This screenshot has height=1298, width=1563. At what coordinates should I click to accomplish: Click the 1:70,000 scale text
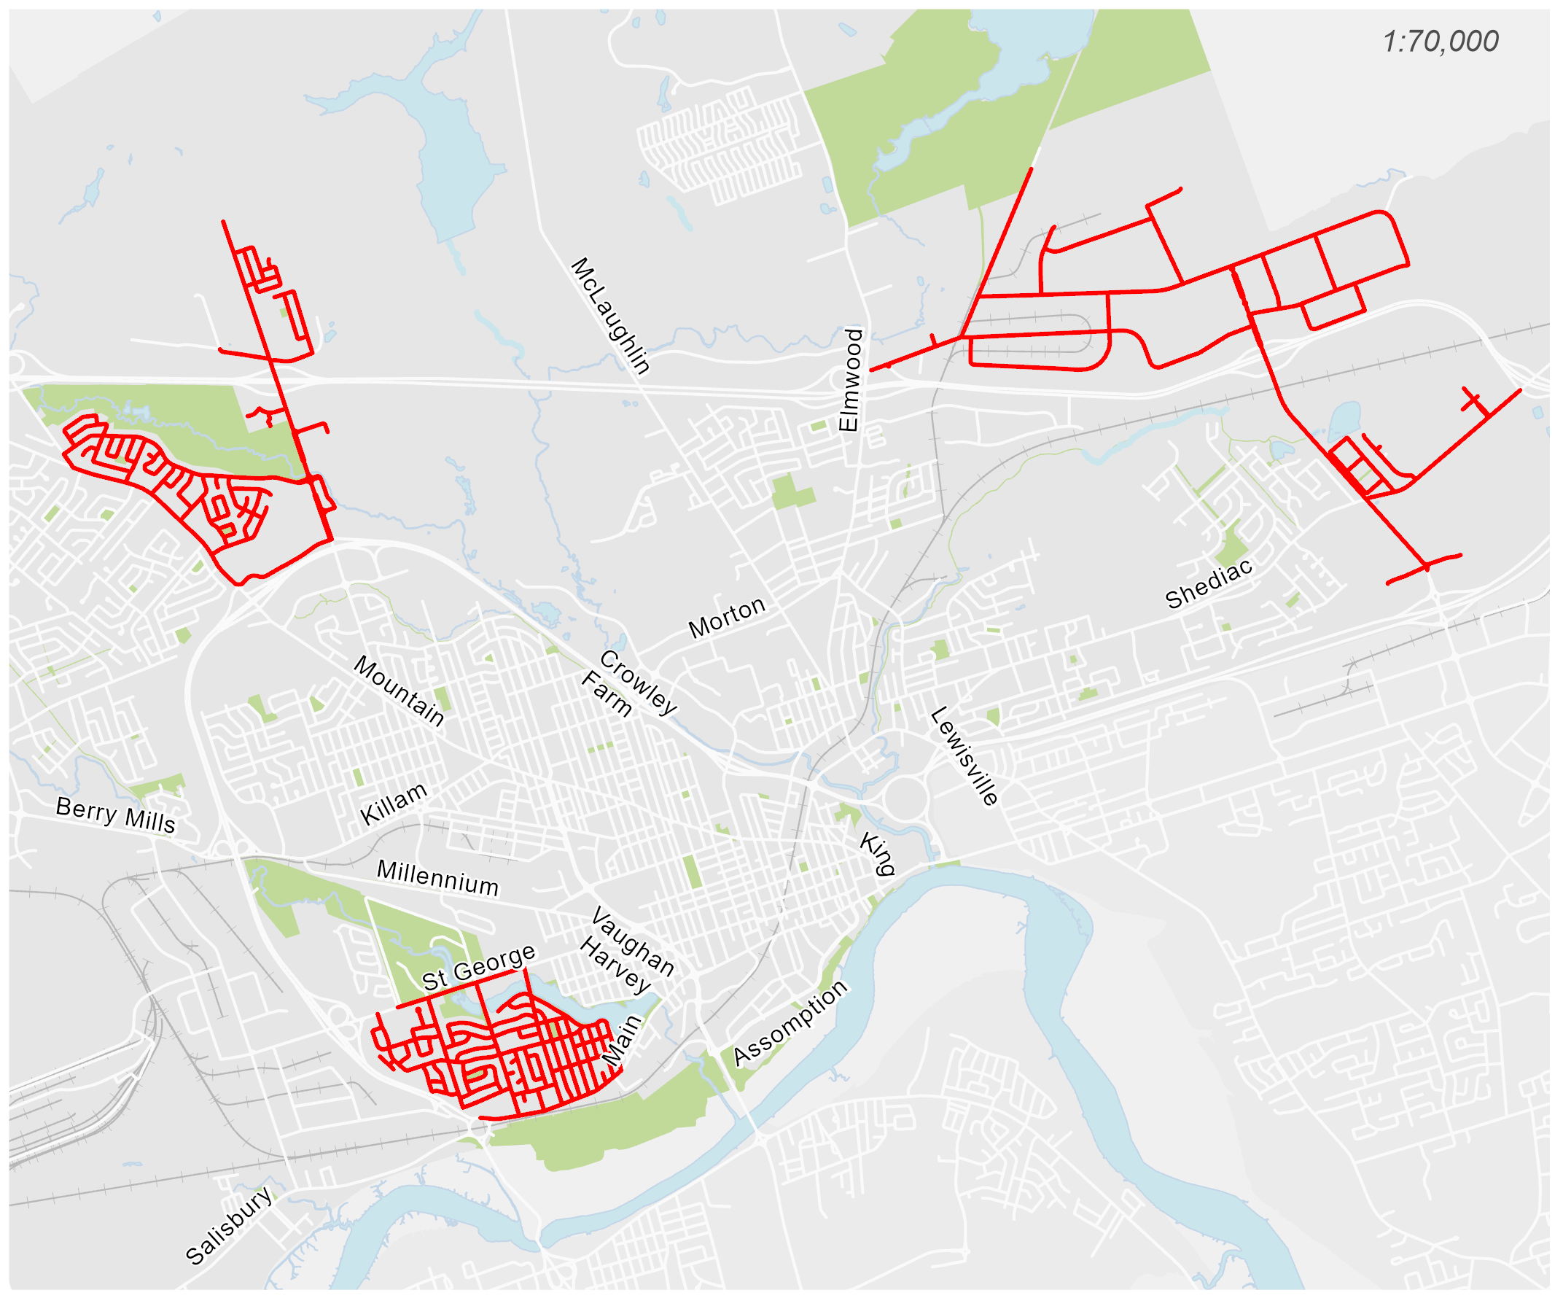click(1440, 42)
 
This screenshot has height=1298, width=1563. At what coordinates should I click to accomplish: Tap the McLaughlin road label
click(610, 316)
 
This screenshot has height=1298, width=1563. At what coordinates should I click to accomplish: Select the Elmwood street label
click(850, 380)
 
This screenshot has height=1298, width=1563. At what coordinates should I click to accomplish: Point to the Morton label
click(726, 618)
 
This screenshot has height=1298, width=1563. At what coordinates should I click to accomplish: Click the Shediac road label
click(1209, 586)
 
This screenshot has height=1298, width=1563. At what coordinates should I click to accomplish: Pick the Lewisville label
click(964, 756)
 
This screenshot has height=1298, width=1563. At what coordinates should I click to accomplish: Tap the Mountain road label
click(399, 691)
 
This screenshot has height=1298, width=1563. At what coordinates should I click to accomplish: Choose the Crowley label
click(638, 682)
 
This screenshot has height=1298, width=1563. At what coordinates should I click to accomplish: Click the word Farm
click(607, 694)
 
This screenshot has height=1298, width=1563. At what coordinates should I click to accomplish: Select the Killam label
click(394, 804)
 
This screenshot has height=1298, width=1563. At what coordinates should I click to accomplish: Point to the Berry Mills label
click(115, 815)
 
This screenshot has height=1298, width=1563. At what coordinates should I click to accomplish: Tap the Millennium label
click(437, 879)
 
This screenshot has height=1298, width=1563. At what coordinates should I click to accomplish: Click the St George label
click(478, 968)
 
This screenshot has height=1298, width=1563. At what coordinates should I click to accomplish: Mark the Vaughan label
click(633, 942)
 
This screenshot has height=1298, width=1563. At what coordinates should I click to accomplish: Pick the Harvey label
click(615, 966)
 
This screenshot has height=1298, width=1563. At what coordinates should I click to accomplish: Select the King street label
click(878, 854)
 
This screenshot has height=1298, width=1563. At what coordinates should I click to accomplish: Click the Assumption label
click(790, 1023)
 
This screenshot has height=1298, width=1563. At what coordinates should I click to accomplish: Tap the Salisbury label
click(228, 1226)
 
